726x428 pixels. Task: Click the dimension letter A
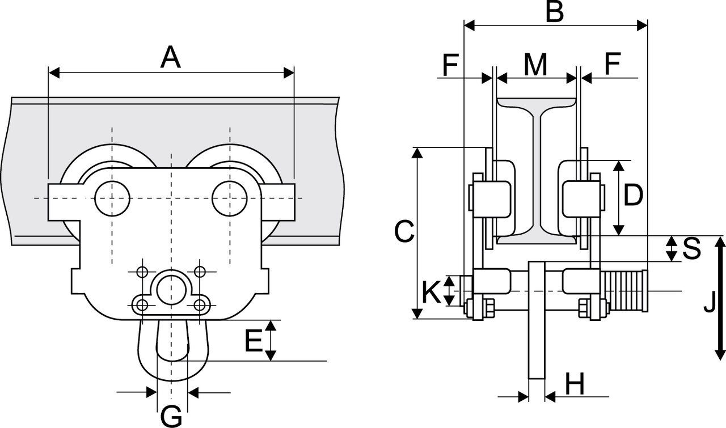(170, 57)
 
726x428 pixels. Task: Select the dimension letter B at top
(555, 11)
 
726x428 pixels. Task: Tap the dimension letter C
(404, 231)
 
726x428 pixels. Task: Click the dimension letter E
(254, 341)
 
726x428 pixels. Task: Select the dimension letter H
(575, 384)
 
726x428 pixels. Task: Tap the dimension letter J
(710, 302)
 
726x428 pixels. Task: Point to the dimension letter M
(536, 64)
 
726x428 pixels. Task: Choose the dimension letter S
(691, 248)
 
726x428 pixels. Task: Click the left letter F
(451, 65)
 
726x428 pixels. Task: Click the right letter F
(613, 63)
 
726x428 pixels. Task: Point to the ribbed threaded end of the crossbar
(624, 291)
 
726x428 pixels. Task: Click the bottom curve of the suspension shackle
(173, 379)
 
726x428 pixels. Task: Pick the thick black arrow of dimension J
(720, 298)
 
